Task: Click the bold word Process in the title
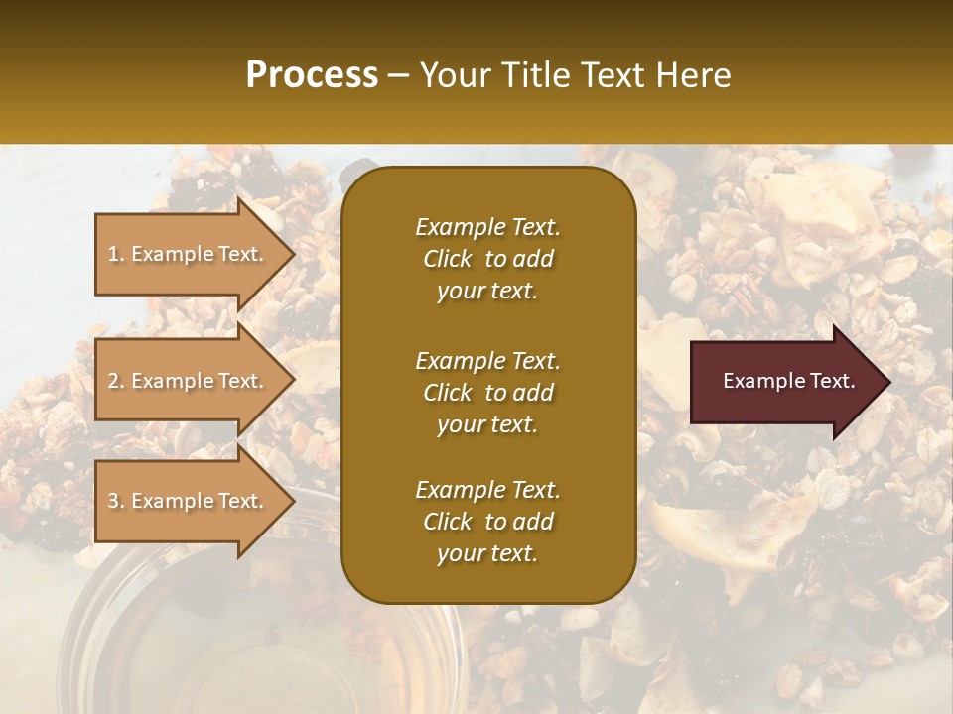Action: click(312, 75)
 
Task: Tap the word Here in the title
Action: click(692, 75)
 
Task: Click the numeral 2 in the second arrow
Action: click(113, 381)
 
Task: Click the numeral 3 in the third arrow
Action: click(113, 501)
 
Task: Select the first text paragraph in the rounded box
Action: click(487, 259)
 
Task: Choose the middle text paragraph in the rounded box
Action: click(487, 393)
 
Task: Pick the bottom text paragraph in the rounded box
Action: click(487, 522)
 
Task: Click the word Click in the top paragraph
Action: click(448, 259)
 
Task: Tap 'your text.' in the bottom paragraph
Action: click(487, 554)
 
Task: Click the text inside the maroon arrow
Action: click(788, 381)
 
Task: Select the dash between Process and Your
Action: click(399, 76)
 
